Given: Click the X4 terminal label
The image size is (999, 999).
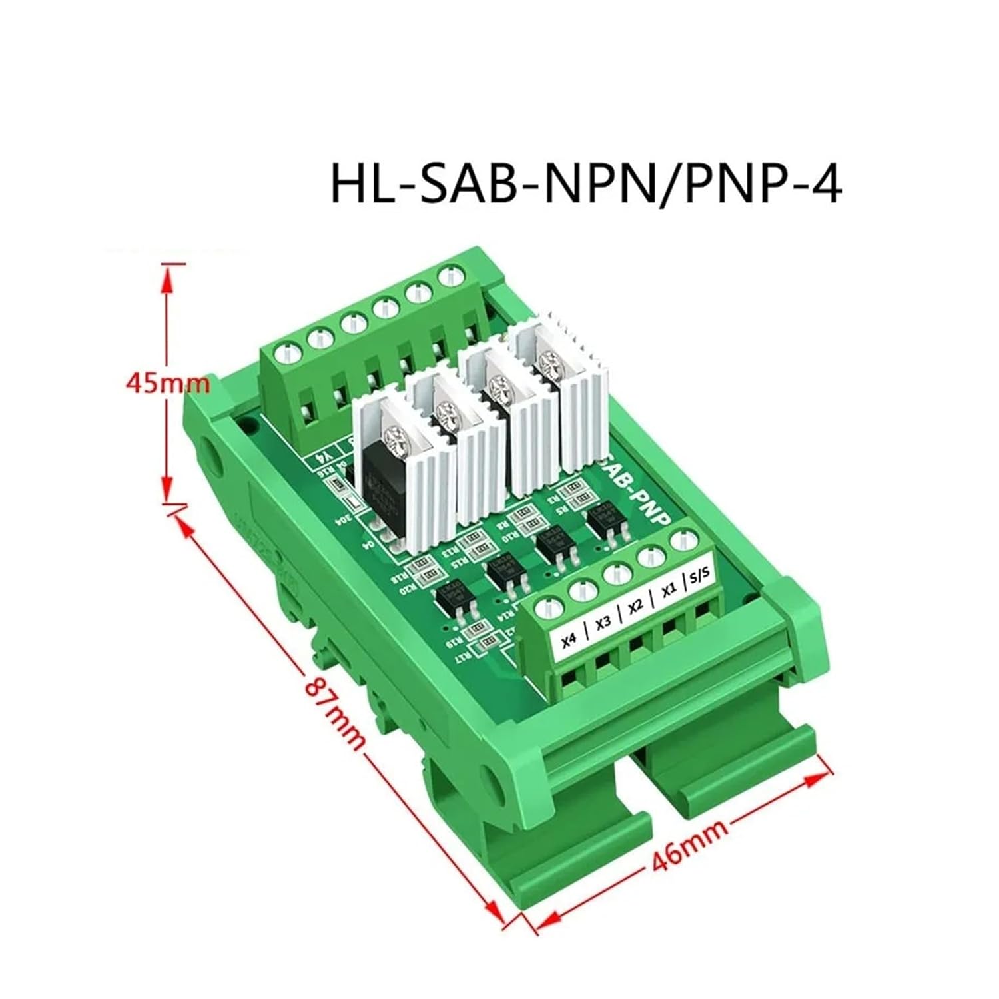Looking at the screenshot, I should coord(569,641).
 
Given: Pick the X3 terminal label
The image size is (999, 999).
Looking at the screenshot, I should coord(603,624).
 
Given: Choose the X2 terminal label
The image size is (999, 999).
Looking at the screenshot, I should coord(636,606).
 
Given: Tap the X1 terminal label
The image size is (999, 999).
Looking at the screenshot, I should coord(669,589).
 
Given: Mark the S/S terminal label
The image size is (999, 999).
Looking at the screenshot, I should coord(699,573).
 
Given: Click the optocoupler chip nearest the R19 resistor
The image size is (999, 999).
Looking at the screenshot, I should coord(449,601).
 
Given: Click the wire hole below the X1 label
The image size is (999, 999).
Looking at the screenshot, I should coord(668,628).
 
